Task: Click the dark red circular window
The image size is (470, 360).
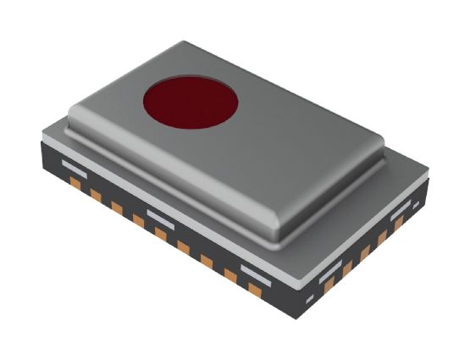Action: [x=190, y=103]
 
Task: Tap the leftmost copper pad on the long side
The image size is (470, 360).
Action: [x=75, y=181]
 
